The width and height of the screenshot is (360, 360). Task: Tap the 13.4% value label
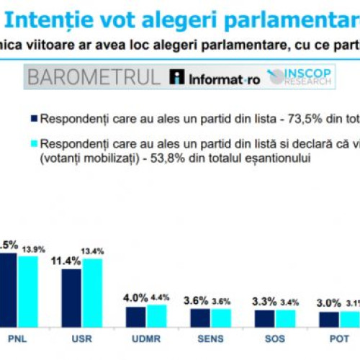coord(93,251)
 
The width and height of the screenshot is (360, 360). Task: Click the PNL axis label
coord(16,338)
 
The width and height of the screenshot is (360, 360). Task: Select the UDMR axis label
coord(146,338)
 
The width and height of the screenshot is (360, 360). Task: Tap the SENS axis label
coord(210,338)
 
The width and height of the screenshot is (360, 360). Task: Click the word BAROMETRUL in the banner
coord(94,77)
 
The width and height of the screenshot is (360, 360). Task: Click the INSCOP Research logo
coord(299,77)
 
